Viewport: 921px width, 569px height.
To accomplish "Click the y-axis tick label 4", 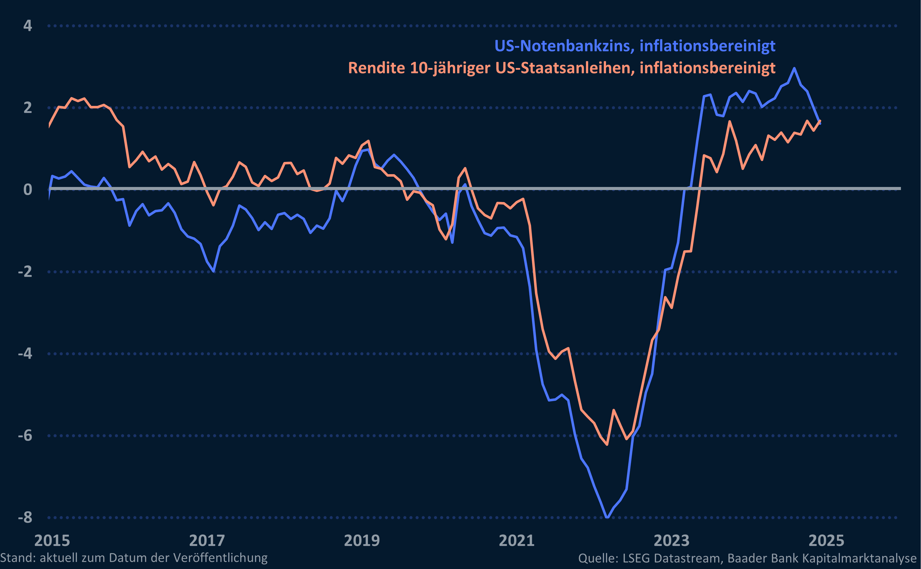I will click(x=28, y=26).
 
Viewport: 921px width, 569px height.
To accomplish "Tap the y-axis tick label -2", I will click(x=25, y=271).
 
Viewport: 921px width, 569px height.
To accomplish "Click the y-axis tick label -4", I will click(x=25, y=353).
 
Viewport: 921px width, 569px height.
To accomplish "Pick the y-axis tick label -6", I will click(x=25, y=436).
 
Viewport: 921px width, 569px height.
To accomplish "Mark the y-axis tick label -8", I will click(x=25, y=517).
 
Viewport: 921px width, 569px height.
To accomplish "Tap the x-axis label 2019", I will click(x=362, y=541).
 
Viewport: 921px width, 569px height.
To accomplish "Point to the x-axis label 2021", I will click(x=517, y=541).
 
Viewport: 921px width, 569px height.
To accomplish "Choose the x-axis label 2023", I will click(x=672, y=541).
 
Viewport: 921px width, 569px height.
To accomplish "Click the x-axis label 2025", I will click(x=826, y=541).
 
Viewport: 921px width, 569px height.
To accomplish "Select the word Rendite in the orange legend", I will click(x=376, y=68).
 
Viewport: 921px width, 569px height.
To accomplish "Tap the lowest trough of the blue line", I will click(x=607, y=517).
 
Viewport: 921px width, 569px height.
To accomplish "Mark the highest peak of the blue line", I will click(x=794, y=69).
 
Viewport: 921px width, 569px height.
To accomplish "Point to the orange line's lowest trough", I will click(x=607, y=444).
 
